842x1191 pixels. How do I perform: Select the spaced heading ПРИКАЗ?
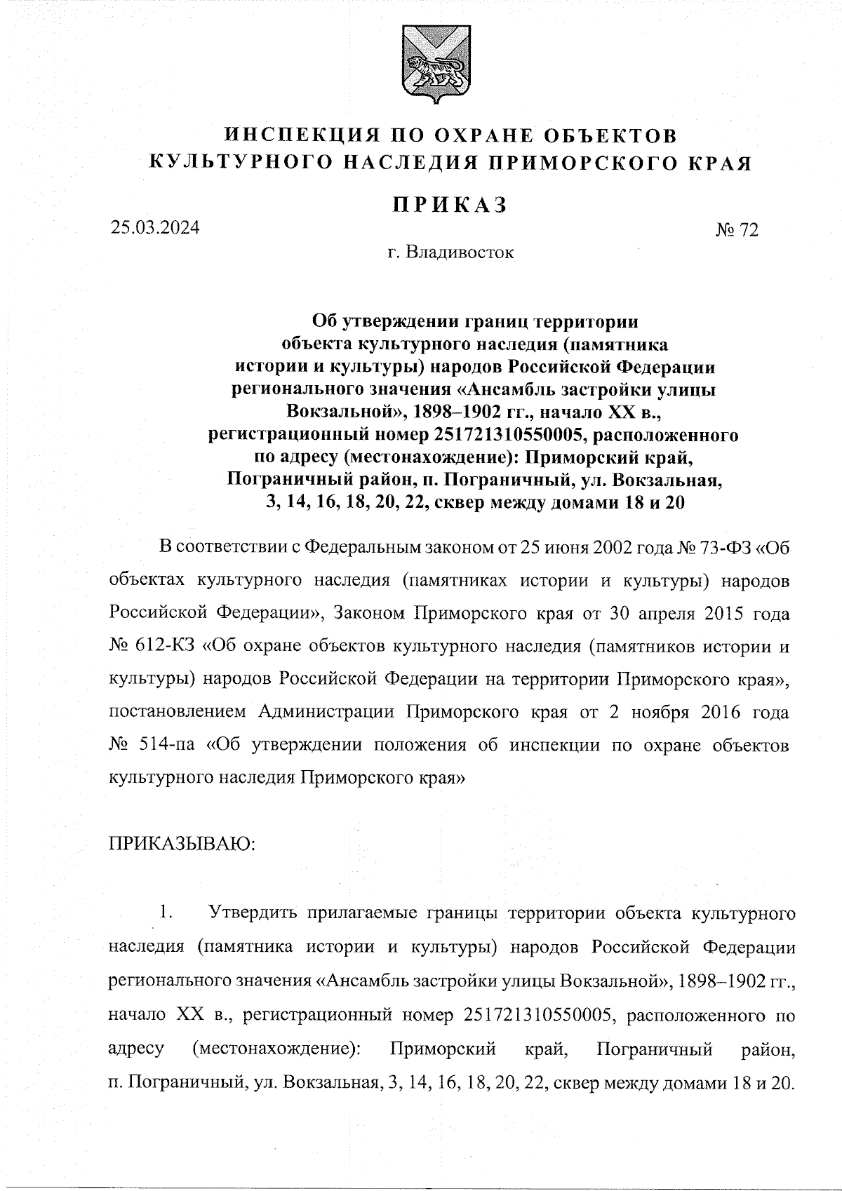(x=449, y=203)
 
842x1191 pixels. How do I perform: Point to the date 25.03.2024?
(x=154, y=227)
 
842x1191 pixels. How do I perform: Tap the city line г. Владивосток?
(x=450, y=252)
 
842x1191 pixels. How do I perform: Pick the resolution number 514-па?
(x=163, y=744)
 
